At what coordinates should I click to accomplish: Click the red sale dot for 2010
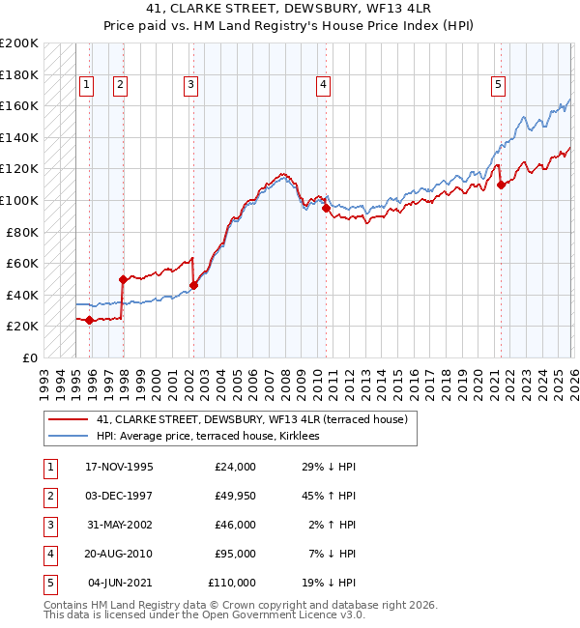point(326,208)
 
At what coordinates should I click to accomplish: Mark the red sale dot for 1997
point(123,279)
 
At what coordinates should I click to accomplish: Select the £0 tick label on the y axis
point(29,357)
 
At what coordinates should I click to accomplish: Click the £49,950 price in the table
point(232,496)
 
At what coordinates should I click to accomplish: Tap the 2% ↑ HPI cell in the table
point(333,525)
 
